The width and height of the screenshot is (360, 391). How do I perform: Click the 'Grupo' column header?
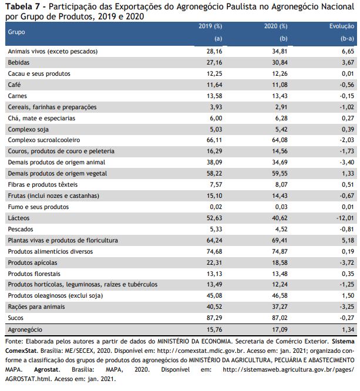coord(16,32)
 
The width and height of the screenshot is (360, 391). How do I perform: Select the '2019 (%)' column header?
coord(210,26)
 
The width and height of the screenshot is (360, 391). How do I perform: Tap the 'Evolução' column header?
coord(342,26)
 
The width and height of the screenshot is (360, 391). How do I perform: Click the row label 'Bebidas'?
coord(18,62)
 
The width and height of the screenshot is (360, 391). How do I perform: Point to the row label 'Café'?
coord(14,85)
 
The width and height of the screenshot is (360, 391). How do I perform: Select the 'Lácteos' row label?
coord(18,218)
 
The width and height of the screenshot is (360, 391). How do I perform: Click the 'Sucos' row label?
coord(15,318)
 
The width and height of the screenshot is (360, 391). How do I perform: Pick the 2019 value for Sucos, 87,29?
coord(214,318)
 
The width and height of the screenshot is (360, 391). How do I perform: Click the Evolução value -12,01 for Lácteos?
coord(345,218)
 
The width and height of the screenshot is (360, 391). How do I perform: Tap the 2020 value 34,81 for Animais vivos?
coord(280,51)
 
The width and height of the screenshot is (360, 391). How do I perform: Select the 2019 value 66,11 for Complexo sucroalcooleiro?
coord(214,140)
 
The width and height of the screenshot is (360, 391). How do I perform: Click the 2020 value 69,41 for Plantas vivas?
coord(280,240)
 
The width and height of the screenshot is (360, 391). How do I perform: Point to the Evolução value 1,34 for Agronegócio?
coord(348,330)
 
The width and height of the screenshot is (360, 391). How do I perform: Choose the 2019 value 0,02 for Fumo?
coord(216,207)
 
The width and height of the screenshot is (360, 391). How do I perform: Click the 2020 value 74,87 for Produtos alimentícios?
coord(280,251)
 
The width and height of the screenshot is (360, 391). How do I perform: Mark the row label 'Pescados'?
coord(20,229)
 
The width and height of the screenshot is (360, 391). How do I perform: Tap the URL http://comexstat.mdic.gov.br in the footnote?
coord(200,351)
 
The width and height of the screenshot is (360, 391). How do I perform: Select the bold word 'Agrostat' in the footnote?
coord(46,369)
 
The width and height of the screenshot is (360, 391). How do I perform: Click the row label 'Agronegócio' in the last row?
coord(25,330)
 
